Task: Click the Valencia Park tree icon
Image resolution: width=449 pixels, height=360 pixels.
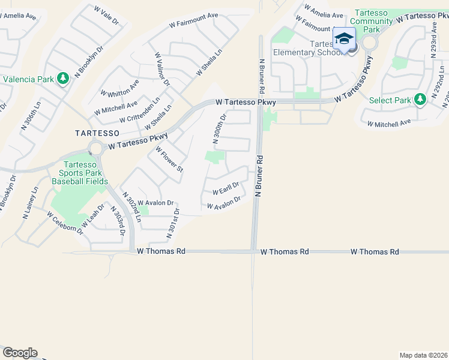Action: click(63, 79)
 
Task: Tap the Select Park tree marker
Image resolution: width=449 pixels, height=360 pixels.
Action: click(420, 100)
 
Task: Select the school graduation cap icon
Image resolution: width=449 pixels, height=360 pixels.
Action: click(343, 40)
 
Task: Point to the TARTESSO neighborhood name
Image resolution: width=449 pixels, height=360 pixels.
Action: click(97, 132)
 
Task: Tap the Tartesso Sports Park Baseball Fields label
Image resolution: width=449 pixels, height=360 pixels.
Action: click(80, 173)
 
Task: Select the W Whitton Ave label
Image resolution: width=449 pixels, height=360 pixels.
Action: click(120, 89)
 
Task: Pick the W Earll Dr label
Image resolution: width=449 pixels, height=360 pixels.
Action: click(226, 188)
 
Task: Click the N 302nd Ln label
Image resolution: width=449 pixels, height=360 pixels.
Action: click(131, 208)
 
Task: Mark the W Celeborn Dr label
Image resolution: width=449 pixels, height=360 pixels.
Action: click(66, 220)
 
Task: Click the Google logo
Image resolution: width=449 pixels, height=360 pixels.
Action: click(20, 353)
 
